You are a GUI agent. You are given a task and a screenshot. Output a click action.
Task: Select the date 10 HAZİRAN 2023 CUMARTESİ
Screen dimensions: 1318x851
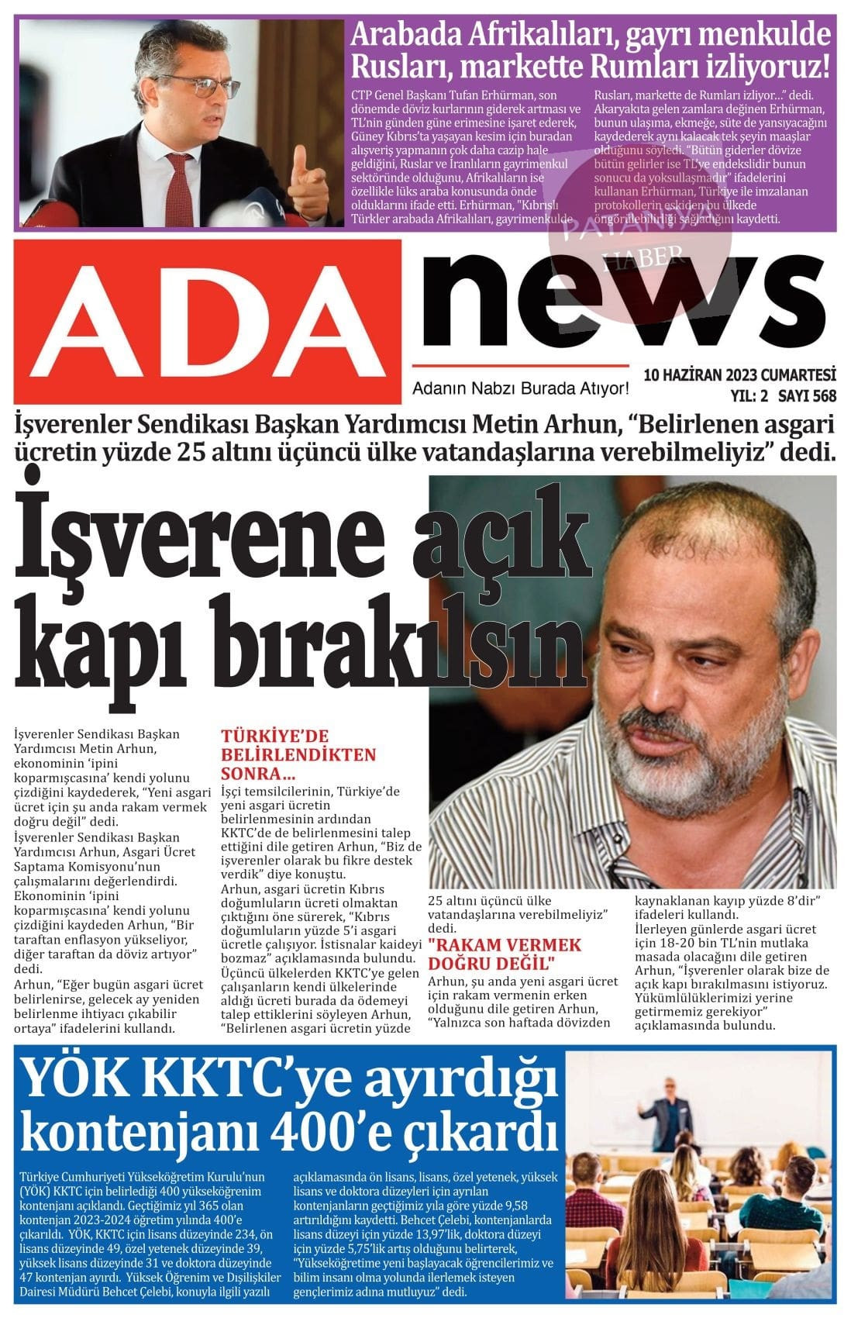(x=739, y=375)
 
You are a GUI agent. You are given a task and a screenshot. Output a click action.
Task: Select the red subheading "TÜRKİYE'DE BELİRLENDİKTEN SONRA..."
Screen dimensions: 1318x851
(x=298, y=754)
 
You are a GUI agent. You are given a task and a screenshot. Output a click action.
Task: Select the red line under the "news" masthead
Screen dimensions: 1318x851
(x=520, y=364)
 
